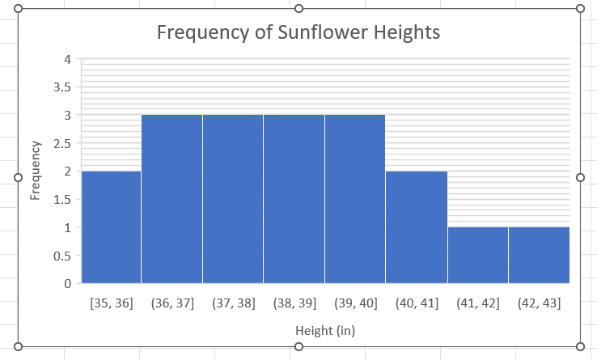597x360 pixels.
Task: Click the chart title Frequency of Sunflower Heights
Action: click(298, 33)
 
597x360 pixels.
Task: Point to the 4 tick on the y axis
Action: click(68, 59)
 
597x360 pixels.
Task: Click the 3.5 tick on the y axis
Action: click(62, 87)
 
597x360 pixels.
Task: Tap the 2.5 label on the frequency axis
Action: click(62, 143)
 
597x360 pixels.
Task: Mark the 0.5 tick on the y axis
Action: click(62, 256)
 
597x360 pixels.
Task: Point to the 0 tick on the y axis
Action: click(68, 284)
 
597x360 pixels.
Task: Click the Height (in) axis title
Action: click(325, 330)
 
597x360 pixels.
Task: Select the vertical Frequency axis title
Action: click(36, 170)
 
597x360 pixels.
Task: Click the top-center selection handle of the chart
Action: click(299, 8)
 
